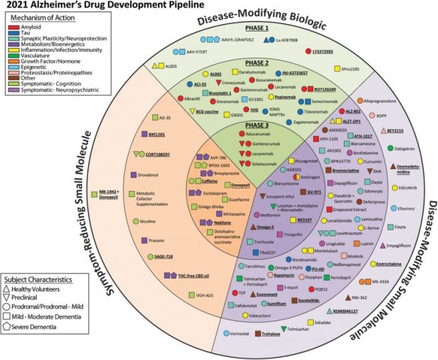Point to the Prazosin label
pyautogui.click(x=158, y=239)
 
